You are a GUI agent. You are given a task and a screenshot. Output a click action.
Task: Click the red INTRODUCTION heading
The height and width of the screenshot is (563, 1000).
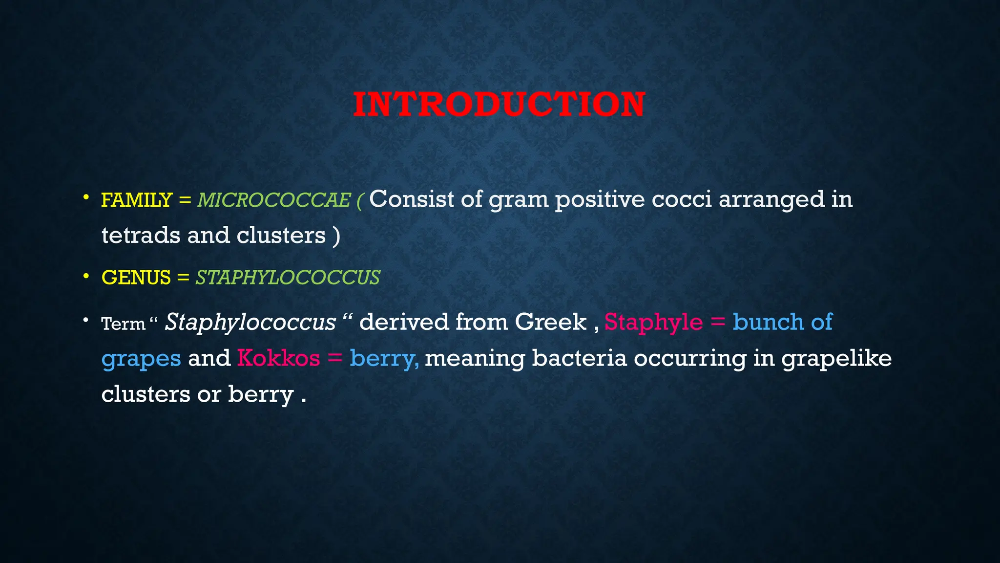point(499,104)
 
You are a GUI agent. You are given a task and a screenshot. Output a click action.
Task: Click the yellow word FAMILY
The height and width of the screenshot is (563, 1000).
point(136,200)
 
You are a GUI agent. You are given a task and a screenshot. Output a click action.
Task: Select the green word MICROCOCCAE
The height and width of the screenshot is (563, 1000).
point(274,200)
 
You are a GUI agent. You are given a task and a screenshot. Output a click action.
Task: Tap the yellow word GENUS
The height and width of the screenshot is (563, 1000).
point(136,278)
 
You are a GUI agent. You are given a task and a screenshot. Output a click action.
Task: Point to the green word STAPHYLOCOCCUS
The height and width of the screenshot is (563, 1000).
point(288,278)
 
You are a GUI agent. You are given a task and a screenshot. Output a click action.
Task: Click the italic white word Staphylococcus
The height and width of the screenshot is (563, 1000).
point(250,322)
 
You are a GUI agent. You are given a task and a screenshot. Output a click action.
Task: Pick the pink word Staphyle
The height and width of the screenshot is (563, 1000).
point(653,322)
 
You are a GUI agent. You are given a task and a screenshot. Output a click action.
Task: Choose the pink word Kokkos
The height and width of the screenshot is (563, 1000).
point(278,358)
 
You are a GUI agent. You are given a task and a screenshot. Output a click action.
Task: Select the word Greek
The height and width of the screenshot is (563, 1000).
point(550,322)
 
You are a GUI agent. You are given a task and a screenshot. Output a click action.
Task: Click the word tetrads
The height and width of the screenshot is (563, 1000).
point(141,235)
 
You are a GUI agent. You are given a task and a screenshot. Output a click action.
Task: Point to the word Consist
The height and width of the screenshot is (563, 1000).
point(412,199)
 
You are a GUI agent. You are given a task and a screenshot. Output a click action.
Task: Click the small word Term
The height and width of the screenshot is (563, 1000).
point(123,324)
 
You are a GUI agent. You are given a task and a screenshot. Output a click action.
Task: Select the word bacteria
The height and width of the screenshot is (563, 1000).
point(579,358)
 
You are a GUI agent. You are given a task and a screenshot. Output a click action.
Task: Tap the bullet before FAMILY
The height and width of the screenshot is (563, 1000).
point(86,198)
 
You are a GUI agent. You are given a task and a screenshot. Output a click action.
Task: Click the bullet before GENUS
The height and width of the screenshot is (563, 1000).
point(86,276)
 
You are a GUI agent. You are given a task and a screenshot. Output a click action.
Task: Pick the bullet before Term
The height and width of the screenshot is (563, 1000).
point(86,321)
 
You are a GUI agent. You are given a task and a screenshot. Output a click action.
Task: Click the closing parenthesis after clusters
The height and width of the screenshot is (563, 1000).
point(336,236)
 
